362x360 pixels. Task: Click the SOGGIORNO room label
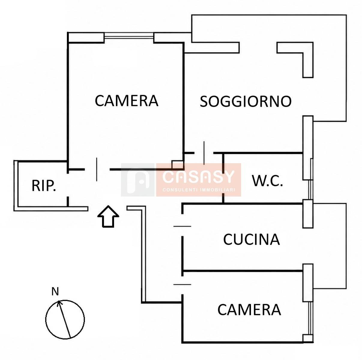pyautogui.click(x=246, y=101)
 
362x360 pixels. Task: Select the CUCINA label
pyautogui.click(x=251, y=239)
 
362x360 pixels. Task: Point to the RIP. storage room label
pyautogui.click(x=44, y=185)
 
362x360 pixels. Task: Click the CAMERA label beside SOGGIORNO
pyautogui.click(x=126, y=101)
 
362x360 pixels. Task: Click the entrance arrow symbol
pyautogui.click(x=108, y=216)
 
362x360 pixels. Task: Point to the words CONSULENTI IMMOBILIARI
pyautogui.click(x=199, y=190)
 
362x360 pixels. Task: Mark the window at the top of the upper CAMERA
pyautogui.click(x=129, y=36)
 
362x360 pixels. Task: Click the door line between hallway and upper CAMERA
pyautogui.click(x=97, y=169)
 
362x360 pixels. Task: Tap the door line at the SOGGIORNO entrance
pyautogui.click(x=204, y=153)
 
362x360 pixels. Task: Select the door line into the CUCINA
pyautogui.click(x=182, y=226)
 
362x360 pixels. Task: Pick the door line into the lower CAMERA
pyautogui.click(x=182, y=284)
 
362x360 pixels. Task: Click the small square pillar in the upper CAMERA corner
pyautogui.click(x=177, y=165)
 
